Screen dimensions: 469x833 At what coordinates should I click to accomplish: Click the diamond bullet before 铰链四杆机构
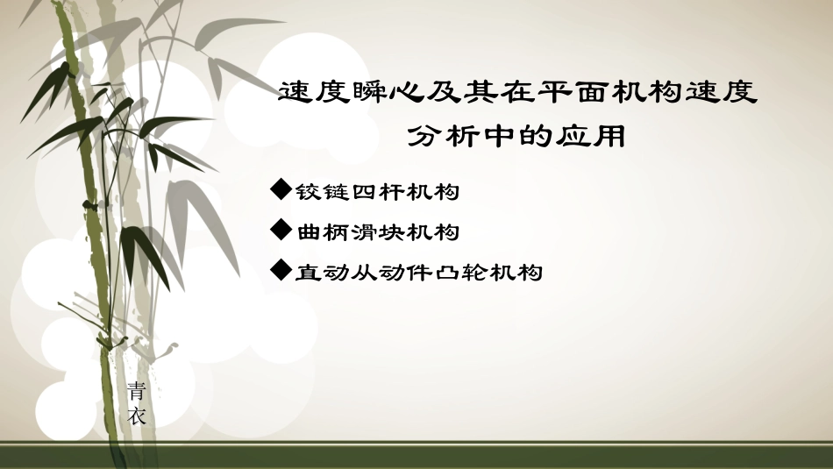[x=281, y=188]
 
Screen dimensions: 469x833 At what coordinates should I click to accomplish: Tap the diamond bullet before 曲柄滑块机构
[x=281, y=231]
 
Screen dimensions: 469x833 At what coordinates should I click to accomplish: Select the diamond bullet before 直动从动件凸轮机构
[x=281, y=271]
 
